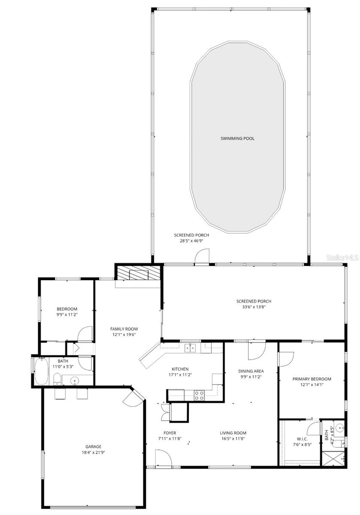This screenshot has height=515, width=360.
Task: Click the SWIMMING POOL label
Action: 237,138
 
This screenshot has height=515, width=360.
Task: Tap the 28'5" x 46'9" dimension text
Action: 188,241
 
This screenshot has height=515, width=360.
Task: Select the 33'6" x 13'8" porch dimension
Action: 254,307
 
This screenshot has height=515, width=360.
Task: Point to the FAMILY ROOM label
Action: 124,329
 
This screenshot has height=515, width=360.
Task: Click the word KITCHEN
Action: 180,369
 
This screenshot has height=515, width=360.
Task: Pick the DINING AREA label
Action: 251,371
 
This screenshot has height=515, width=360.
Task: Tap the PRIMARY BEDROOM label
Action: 312,379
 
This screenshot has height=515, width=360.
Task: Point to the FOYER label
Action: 169,433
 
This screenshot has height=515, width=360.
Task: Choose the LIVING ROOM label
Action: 233,433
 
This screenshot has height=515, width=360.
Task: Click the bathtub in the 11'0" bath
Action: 42,372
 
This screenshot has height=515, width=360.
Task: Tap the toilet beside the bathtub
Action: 57,379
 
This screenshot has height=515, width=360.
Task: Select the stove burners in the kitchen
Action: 199,395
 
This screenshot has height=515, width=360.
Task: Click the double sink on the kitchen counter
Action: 191,348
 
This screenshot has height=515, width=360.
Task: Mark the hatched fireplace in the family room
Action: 137,273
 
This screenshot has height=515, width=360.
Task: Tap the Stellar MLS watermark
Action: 342,258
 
